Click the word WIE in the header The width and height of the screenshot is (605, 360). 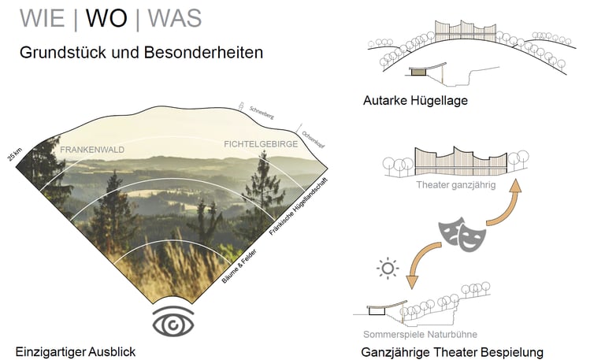[x=42, y=18]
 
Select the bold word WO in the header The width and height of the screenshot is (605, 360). [x=106, y=18]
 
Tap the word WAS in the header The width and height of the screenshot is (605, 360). [x=174, y=18]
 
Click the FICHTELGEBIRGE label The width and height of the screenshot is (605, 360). [x=261, y=144]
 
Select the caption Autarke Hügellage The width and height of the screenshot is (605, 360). [x=416, y=101]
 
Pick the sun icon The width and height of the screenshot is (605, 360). [x=388, y=269]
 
